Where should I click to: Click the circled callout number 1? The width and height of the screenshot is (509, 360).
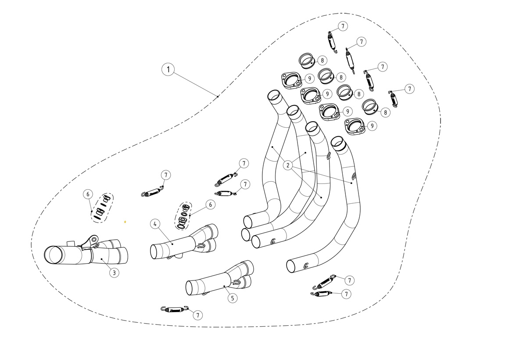point(168,69)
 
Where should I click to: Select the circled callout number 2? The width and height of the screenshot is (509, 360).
point(287,166)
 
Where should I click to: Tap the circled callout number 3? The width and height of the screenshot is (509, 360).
point(114,272)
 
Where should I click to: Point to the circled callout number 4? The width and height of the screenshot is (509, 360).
point(155,224)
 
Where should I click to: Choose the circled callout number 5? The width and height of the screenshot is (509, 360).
point(233,298)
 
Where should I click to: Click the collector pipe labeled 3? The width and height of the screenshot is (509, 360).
point(86,253)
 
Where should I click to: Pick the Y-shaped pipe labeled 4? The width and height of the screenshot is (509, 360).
point(184,242)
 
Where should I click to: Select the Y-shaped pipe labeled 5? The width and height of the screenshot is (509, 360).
point(220,279)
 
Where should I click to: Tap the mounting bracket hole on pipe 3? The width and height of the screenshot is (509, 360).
point(94,240)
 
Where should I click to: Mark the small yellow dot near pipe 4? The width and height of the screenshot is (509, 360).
point(125,222)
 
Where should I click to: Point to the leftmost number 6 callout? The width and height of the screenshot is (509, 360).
point(88,194)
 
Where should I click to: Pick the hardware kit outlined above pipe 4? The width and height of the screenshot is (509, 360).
point(183,216)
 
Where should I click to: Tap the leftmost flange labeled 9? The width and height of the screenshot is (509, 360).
point(291,80)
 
